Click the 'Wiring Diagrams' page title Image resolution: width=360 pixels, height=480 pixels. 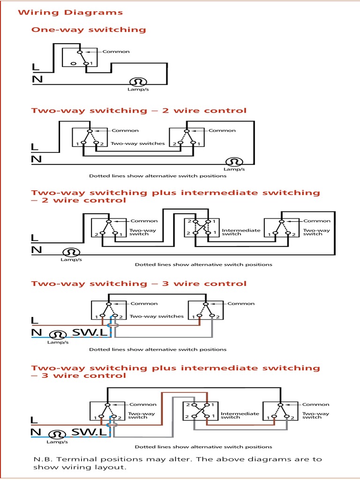(x=70, y=13)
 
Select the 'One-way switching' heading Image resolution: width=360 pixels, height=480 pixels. (x=89, y=30)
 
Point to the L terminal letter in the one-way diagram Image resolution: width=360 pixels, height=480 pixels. (x=36, y=67)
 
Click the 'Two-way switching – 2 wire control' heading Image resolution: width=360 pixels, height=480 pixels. (x=138, y=111)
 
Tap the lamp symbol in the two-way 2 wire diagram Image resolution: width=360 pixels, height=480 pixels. (x=234, y=162)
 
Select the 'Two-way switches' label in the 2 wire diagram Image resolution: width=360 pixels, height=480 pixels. (x=138, y=143)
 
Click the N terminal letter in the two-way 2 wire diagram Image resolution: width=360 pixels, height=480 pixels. (x=37, y=159)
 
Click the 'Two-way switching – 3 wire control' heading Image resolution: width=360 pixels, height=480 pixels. (x=138, y=284)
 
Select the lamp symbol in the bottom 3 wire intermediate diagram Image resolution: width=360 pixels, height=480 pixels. (x=57, y=434)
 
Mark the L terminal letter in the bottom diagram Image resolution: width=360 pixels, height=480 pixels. (x=35, y=420)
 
